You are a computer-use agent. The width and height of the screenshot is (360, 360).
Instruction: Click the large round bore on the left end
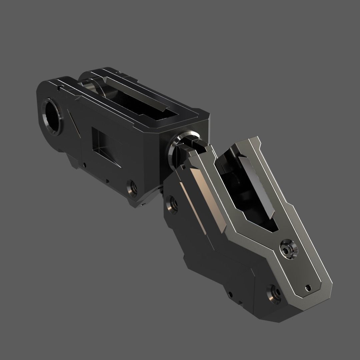[x=52, y=114]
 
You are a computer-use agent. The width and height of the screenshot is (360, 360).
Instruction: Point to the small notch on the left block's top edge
[x=59, y=88]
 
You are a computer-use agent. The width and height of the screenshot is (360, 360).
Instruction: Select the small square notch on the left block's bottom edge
[x=107, y=182]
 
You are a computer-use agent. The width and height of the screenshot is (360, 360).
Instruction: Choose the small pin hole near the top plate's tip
[x=308, y=286]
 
